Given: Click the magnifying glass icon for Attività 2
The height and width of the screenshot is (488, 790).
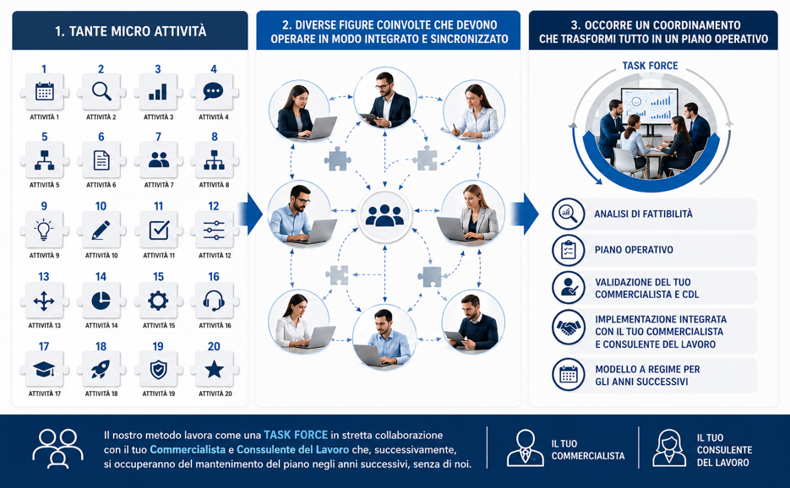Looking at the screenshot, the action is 101,91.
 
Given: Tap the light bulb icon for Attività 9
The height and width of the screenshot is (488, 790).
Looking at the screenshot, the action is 44,230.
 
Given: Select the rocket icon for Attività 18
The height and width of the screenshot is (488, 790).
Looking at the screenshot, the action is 101,370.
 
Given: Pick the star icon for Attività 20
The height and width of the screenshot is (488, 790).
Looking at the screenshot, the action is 214,370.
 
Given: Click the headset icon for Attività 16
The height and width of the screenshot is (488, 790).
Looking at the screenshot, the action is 214,301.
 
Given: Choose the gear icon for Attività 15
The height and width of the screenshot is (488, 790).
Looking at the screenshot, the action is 158,301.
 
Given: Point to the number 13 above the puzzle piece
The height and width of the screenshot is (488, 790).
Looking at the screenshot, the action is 44,276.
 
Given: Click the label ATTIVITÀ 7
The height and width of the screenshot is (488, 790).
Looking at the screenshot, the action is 159,185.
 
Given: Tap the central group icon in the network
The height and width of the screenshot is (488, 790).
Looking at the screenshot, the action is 384,215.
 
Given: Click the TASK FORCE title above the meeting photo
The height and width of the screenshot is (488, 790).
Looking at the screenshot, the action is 650,66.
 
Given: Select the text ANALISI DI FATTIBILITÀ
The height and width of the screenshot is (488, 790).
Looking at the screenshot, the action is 643,214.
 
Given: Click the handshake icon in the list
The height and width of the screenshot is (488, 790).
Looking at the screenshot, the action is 569,328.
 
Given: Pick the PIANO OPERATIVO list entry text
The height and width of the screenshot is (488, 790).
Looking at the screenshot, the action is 634,250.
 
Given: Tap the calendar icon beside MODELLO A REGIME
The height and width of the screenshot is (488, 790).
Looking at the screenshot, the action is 569,375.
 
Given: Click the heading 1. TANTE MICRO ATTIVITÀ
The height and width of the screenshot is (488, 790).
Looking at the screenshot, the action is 130,31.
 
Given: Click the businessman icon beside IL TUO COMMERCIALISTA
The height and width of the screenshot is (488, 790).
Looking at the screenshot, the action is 525,447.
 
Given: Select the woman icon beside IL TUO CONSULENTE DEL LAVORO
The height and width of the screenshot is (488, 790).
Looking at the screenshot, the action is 669,447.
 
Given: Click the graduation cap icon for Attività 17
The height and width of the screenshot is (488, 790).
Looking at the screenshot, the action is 44,370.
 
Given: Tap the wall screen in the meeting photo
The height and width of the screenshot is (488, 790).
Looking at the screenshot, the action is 650,106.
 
